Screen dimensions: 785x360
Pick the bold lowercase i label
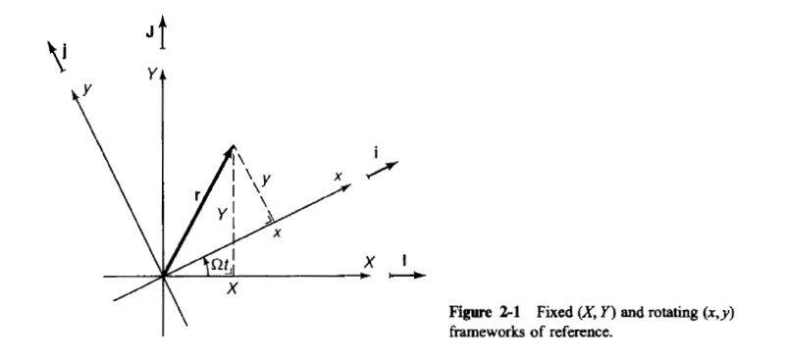(377, 153)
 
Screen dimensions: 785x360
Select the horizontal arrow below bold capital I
(404, 278)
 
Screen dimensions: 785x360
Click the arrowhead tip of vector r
(232, 147)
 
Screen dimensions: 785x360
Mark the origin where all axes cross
(163, 277)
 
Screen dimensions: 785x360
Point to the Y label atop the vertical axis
(148, 75)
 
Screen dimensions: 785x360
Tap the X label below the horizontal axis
(234, 291)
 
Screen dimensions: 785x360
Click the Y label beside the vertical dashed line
(222, 212)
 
